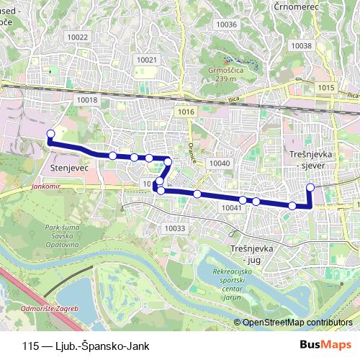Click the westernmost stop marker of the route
pyautogui.click(x=50, y=134)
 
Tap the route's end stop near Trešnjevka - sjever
pyautogui.click(x=310, y=188)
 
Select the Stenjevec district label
pyautogui.click(x=69, y=168)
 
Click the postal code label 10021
pyautogui.click(x=146, y=60)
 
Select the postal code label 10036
pyautogui.click(x=226, y=24)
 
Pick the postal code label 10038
pyautogui.click(x=302, y=45)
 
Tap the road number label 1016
pyautogui.click(x=186, y=112)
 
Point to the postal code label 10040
pyautogui.click(x=219, y=163)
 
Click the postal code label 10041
pyautogui.click(x=232, y=207)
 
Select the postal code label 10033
pyautogui.click(x=175, y=228)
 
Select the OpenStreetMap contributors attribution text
pyautogui.click(x=298, y=323)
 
